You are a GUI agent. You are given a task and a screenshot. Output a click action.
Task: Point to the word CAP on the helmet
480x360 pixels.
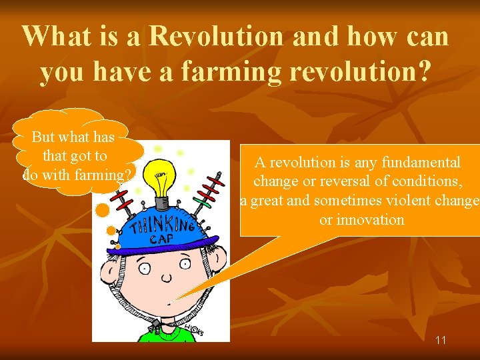(x=159, y=238)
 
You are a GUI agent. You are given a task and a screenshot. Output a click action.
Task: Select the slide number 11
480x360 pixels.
(x=441, y=340)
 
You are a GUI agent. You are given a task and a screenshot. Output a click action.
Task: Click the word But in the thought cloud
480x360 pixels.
(x=44, y=137)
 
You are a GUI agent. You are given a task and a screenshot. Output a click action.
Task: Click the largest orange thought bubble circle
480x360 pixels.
(x=102, y=211)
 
